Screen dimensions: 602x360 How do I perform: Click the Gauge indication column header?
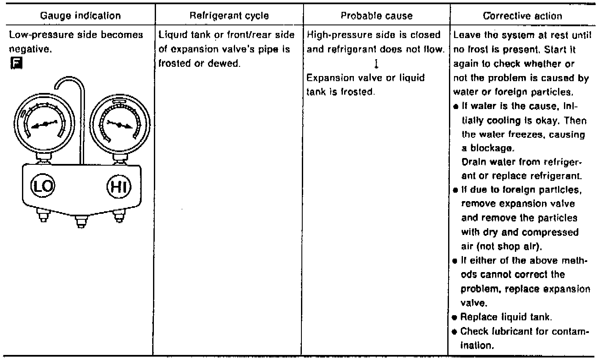point(81,16)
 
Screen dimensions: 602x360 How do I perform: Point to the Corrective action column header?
point(523,16)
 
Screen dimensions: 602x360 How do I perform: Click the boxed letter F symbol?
point(13,63)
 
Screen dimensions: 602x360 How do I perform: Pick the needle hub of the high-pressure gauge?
point(119,124)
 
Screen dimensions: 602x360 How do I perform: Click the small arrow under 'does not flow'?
point(375,65)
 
